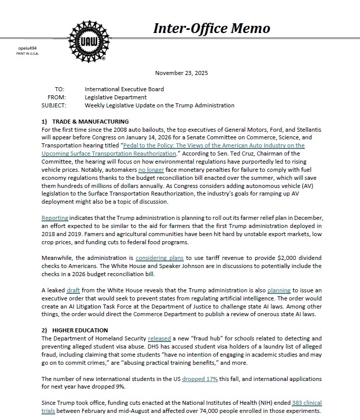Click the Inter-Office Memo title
(x=211, y=28)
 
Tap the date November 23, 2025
(x=181, y=73)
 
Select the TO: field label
(x=59, y=89)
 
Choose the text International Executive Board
(x=124, y=89)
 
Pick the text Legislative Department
(x=115, y=97)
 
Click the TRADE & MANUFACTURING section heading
(x=91, y=122)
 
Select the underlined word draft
(x=72, y=290)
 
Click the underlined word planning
(x=278, y=290)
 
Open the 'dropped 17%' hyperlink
(x=201, y=378)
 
